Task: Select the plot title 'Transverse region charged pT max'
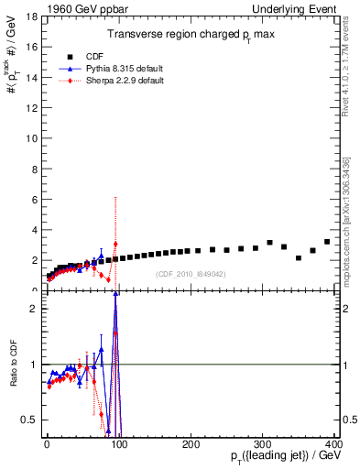[x=190, y=34]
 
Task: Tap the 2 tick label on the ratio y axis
[x=34, y=309]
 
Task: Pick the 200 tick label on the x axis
[x=191, y=443]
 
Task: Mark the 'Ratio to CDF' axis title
[x=12, y=364]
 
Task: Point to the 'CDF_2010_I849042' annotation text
[x=191, y=274]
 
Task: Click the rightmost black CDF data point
[x=327, y=242]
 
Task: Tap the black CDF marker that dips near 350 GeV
[x=299, y=258]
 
